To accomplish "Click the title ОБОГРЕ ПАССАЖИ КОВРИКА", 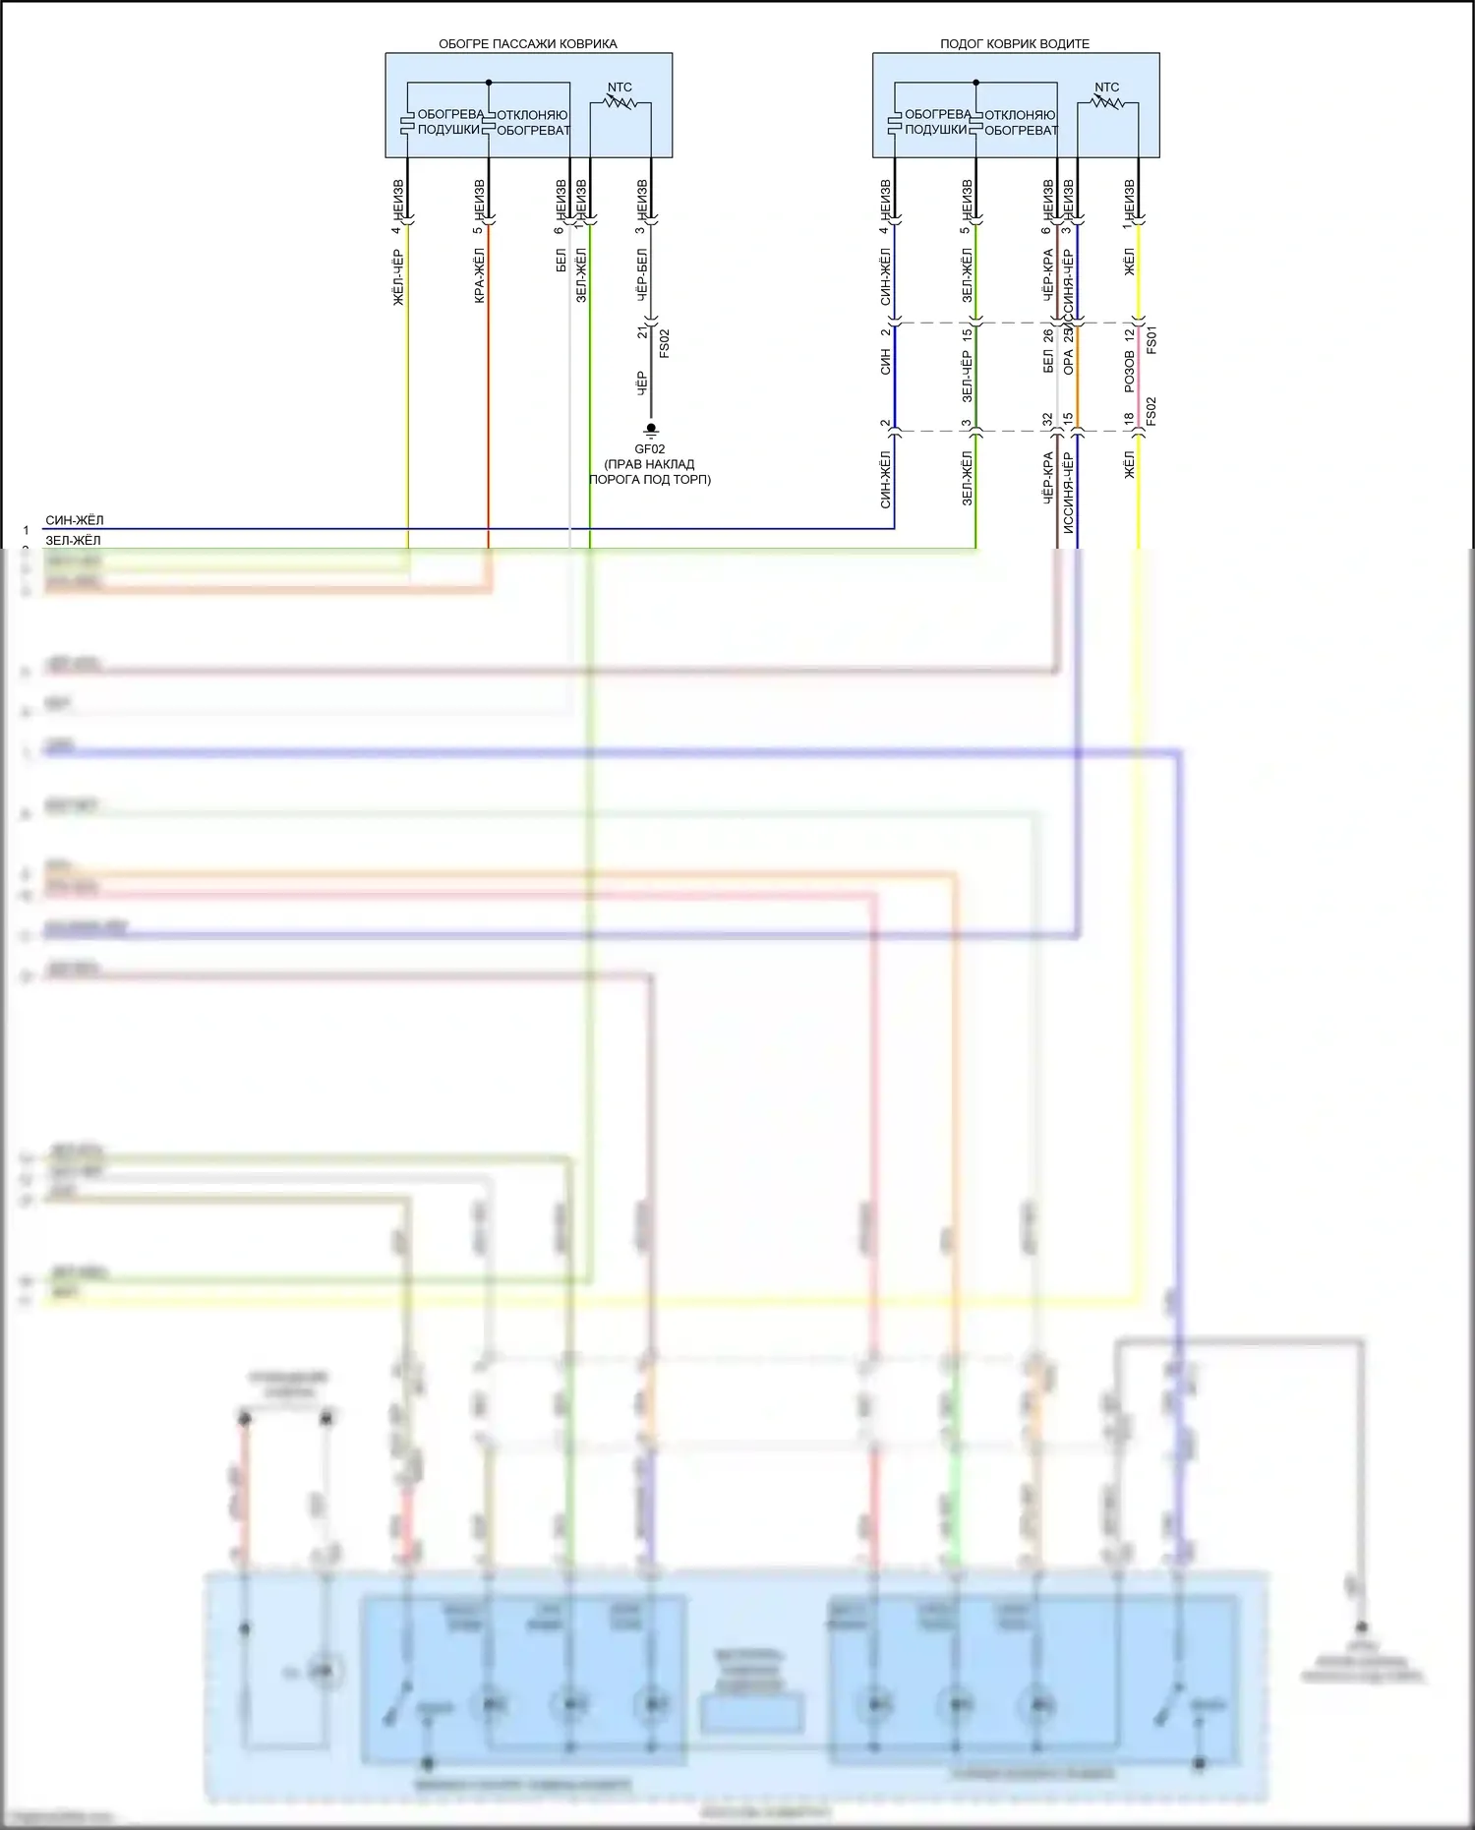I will tap(527, 44).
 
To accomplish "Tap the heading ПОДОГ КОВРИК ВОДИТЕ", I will tap(1014, 44).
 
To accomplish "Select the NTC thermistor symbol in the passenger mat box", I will tap(619, 101).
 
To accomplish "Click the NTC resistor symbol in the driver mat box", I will tap(1107, 101).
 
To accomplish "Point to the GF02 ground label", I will tap(649, 449).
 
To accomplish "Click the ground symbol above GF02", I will tap(650, 430).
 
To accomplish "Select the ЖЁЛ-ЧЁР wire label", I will tap(398, 277).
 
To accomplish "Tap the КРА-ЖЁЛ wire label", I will tap(479, 276).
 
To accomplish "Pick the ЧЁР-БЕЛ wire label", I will tap(641, 274).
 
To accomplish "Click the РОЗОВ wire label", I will tap(1129, 372).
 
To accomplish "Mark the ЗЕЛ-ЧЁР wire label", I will tap(967, 377).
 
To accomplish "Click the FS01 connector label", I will tap(1151, 339).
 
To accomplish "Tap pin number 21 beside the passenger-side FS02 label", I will tap(642, 332).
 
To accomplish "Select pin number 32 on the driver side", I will tap(1047, 420).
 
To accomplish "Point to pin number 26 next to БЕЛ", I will tap(1048, 334).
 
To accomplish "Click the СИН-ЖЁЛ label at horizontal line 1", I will tap(74, 520).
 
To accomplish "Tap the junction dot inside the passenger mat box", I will tap(489, 83).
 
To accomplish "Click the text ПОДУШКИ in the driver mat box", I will tap(935, 130).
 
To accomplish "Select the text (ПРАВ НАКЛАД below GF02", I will tap(649, 464).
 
